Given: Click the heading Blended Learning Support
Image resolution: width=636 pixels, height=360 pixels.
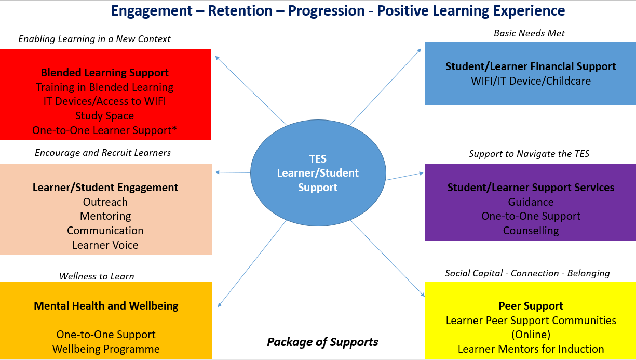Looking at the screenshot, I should (x=105, y=73).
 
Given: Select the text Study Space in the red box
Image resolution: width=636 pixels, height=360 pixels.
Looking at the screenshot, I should (x=105, y=116).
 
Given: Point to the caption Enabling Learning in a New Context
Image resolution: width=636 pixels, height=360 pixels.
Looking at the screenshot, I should (x=94, y=39).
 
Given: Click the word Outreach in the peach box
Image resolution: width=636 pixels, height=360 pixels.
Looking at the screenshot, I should (x=105, y=202).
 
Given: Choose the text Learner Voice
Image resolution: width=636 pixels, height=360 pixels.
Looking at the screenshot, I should (x=105, y=245).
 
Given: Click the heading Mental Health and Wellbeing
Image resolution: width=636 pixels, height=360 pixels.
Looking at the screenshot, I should (x=106, y=306).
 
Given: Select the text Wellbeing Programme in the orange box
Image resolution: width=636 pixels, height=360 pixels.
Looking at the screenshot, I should (x=106, y=349).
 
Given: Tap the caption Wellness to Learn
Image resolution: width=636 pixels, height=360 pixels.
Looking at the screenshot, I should (x=97, y=276).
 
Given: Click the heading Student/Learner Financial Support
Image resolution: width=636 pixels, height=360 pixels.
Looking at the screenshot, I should (x=531, y=66).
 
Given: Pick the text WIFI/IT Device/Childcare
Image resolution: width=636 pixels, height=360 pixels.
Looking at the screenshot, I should (x=531, y=81).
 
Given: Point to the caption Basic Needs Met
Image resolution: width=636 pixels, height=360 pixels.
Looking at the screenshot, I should (x=529, y=33).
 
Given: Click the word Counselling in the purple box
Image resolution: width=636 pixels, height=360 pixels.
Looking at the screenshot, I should (x=531, y=231).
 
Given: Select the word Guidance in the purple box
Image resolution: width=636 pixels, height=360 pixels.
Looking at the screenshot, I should (x=531, y=202).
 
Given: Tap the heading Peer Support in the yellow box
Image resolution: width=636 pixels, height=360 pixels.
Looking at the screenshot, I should (x=531, y=306).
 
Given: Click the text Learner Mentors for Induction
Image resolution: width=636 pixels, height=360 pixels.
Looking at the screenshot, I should (x=531, y=349).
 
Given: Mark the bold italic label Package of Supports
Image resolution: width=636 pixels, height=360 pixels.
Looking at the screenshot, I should (x=322, y=342).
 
